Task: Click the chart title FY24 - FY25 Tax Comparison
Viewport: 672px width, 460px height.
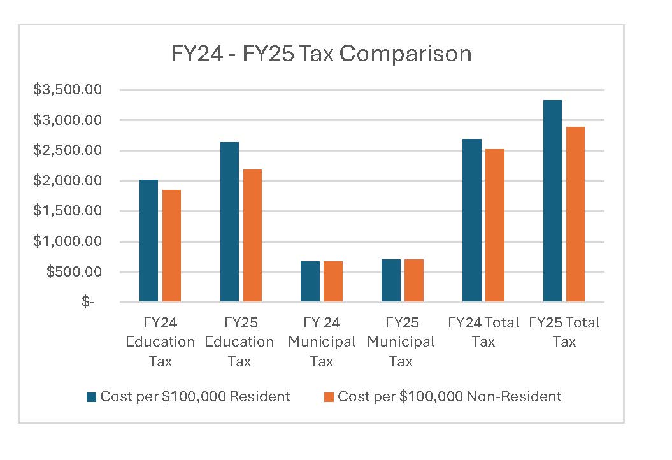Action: click(x=321, y=54)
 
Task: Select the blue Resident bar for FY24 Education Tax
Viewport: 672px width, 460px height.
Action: click(x=148, y=241)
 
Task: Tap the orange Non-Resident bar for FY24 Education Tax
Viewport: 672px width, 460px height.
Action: click(x=171, y=246)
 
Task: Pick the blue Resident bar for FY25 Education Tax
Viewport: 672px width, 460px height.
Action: click(x=229, y=222)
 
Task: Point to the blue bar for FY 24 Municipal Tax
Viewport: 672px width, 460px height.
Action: click(x=310, y=282)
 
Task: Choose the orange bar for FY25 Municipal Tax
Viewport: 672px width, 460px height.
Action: click(x=414, y=280)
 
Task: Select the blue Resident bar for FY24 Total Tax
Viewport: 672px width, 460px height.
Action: click(x=472, y=220)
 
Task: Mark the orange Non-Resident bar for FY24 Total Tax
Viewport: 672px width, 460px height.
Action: click(x=495, y=226)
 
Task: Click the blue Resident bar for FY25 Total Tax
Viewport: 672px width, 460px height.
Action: click(x=553, y=201)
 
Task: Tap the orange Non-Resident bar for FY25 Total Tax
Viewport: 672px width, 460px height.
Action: click(x=575, y=214)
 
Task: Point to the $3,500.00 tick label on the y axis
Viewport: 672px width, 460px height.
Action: click(x=68, y=90)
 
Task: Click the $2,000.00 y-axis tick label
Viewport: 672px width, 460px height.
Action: click(x=68, y=181)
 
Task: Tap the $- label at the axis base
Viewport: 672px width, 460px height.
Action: click(x=88, y=302)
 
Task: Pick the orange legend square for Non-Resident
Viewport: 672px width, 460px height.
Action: click(x=329, y=397)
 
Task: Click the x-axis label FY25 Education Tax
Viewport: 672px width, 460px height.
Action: click(x=239, y=342)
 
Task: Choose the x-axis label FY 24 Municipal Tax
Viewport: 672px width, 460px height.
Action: click(x=322, y=342)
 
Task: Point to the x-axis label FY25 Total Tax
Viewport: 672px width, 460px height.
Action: click(x=564, y=332)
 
